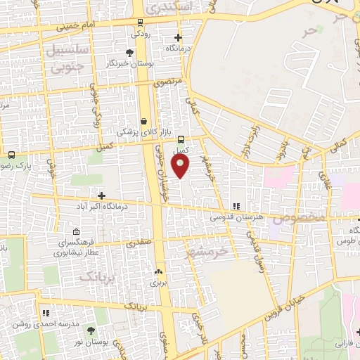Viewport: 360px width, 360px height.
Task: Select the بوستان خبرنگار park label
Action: (129, 63)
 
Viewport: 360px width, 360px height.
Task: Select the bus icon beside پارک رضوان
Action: (12, 155)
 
